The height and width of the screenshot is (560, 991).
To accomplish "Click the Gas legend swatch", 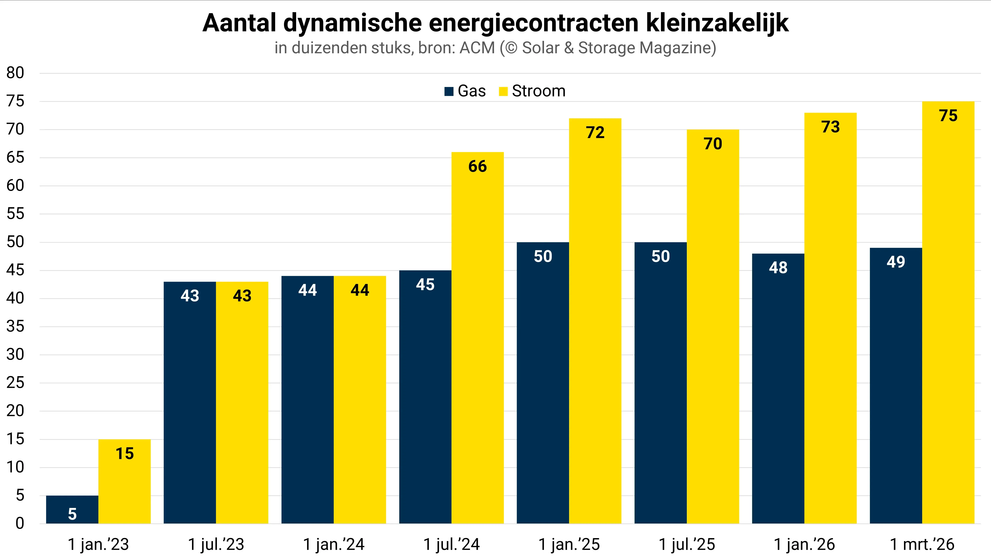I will pyautogui.click(x=448, y=92).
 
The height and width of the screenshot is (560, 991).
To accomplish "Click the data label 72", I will pyautogui.click(x=595, y=133).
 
